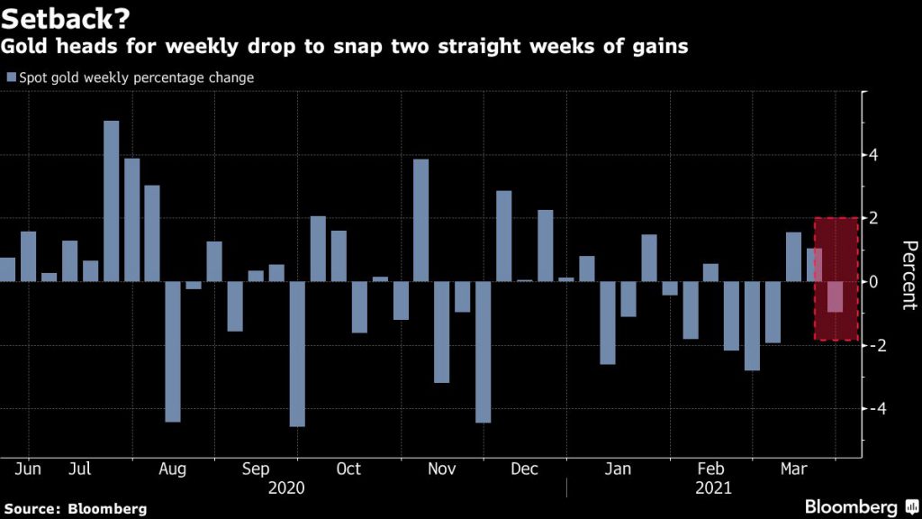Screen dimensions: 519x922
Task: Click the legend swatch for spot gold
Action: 11,78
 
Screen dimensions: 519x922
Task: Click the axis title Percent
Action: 908,275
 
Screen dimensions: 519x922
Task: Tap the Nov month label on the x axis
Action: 441,469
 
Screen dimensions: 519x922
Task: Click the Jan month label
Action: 618,469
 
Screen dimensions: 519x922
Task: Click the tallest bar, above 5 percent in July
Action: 112,200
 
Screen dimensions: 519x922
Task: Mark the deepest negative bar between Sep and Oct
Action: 297,353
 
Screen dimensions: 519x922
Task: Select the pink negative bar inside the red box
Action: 836,296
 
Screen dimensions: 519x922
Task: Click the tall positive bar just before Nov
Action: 420,220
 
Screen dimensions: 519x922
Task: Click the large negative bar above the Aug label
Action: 173,351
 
